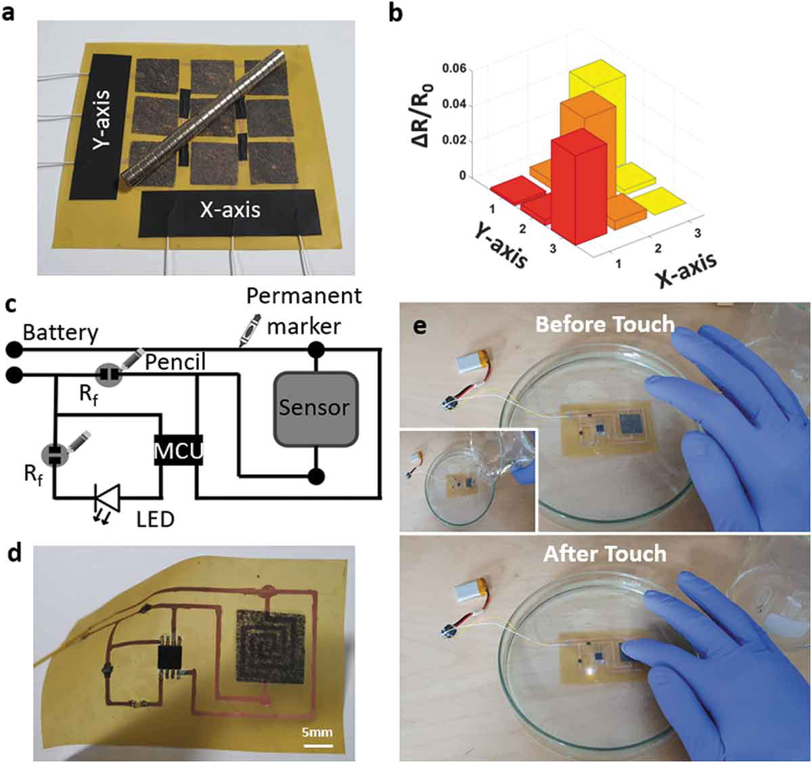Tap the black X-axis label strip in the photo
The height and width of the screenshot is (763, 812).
pyautogui.click(x=229, y=211)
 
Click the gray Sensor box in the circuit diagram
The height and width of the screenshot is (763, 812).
pyautogui.click(x=315, y=408)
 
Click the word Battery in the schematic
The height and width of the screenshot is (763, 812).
pyautogui.click(x=61, y=333)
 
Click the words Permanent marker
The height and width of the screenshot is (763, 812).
pyautogui.click(x=304, y=311)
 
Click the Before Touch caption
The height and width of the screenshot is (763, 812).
pyautogui.click(x=605, y=324)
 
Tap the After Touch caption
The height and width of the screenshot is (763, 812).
pyautogui.click(x=605, y=554)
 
